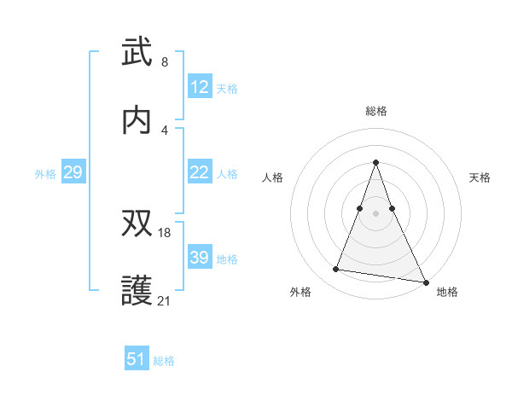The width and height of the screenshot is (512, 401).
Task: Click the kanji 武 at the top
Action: coord(137,52)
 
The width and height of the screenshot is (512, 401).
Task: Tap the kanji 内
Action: coord(137,120)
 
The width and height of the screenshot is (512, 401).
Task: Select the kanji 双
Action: coord(137,223)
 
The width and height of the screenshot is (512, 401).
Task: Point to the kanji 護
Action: coord(137,290)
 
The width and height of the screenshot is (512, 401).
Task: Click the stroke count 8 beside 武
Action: coord(164,61)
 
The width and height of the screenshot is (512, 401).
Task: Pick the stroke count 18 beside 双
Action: coord(166,232)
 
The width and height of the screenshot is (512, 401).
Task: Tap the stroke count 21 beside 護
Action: coord(166,300)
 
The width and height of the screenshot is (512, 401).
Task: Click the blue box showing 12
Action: coord(200,87)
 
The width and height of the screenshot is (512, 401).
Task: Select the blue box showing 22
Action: coord(200,172)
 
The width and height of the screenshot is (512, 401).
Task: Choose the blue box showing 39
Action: coord(200,258)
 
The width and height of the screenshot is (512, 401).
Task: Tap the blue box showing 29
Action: coord(73,172)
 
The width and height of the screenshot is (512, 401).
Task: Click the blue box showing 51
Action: coord(137,359)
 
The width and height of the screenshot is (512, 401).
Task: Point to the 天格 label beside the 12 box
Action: coord(227,89)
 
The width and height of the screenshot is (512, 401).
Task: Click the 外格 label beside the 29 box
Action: coord(45,174)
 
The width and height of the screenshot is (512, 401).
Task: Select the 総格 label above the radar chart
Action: coord(376,111)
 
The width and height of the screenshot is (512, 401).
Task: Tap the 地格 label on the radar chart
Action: coord(447,292)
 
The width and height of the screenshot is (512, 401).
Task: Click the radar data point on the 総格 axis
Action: coord(376,162)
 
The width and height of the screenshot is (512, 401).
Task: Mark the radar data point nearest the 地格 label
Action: coord(426,282)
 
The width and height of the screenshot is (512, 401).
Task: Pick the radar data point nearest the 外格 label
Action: coord(335,270)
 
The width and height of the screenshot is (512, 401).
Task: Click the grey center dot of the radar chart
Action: coord(376,212)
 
